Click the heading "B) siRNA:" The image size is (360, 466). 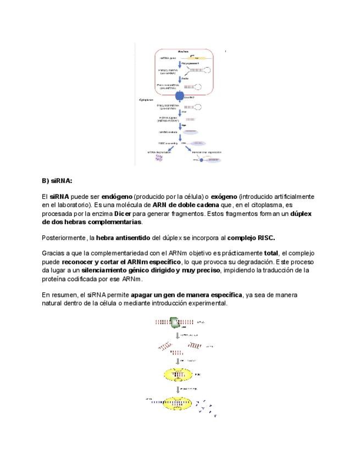[57, 180]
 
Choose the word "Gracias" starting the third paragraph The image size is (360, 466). [53, 253]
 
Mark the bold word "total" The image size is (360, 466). [271, 253]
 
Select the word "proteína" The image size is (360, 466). [54, 279]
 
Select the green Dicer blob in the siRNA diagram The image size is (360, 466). [174, 323]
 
